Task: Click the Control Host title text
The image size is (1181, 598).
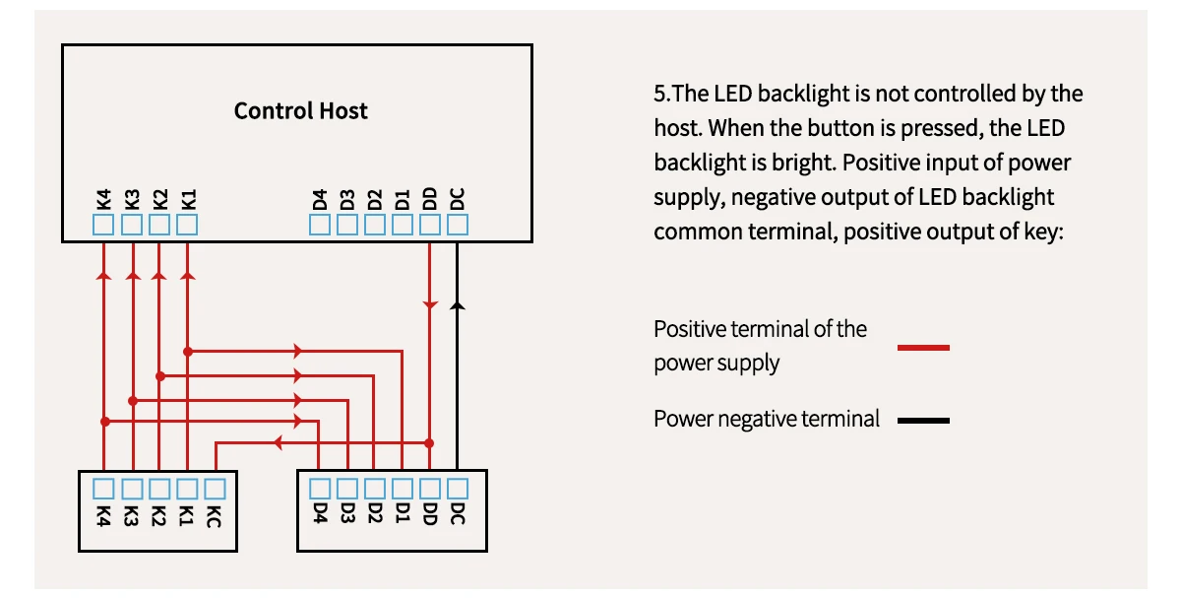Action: (x=300, y=110)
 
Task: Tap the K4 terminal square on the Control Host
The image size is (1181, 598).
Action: (x=104, y=226)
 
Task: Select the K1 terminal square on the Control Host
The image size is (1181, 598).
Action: (x=187, y=226)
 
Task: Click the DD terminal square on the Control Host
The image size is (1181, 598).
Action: (x=430, y=226)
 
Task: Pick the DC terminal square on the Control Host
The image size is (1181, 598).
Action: (x=458, y=226)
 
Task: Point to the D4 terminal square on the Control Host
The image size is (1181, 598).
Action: (x=320, y=226)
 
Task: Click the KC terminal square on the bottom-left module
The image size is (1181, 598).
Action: (x=215, y=488)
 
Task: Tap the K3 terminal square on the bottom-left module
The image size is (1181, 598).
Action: (x=132, y=488)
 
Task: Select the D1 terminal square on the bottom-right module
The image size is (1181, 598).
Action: (x=403, y=488)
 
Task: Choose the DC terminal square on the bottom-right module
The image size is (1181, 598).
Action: (x=458, y=488)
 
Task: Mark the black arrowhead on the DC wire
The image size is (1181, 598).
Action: (x=457, y=306)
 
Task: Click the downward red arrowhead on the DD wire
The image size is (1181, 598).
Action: (x=430, y=305)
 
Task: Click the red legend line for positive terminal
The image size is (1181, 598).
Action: (x=923, y=347)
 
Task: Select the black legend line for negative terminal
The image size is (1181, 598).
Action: (x=923, y=421)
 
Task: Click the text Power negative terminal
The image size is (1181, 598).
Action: (x=767, y=419)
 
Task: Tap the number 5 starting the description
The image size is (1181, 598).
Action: (x=659, y=95)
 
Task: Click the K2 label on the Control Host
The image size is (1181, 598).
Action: (x=160, y=197)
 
